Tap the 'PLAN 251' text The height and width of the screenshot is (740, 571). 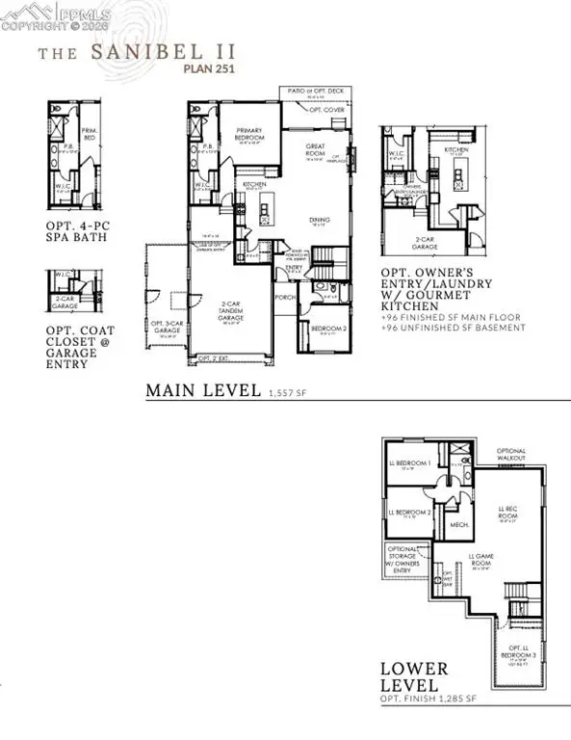pos(210,67)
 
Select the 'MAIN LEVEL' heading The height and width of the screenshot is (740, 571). pos(201,390)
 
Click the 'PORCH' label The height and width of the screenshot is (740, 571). pos(285,296)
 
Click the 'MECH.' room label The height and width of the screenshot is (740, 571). pos(459,525)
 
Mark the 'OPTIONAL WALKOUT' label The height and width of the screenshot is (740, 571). pos(511,455)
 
